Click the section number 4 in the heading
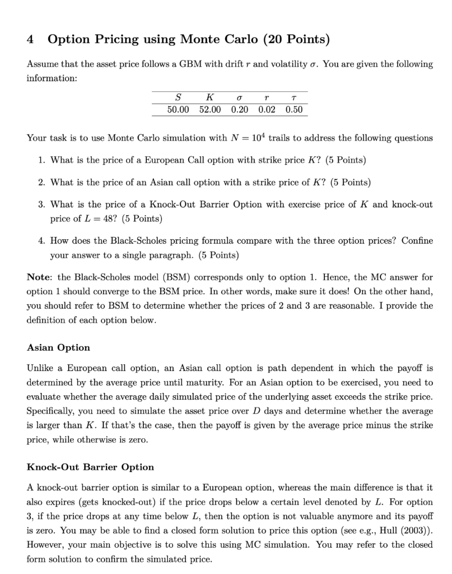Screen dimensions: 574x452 31,39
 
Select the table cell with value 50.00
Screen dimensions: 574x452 179,109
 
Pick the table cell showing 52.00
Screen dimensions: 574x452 210,109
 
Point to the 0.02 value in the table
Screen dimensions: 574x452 267,109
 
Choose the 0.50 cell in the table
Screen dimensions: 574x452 293,109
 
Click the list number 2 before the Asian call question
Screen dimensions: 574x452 42,182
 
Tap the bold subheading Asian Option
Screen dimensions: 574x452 58,348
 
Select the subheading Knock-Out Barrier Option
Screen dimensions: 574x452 90,467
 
